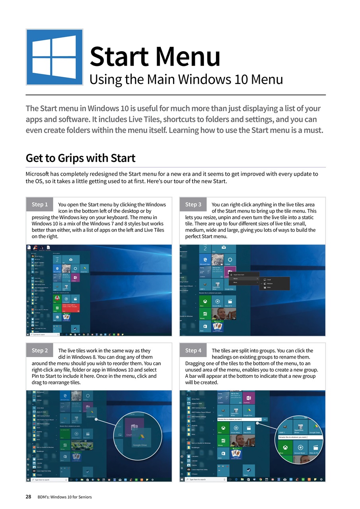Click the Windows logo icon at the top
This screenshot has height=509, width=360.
click(54, 57)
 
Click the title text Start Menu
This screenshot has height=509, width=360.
click(155, 56)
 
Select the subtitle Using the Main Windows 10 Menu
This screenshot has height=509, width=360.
click(186, 80)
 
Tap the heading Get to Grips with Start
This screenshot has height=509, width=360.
click(80, 158)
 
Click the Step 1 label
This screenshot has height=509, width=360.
click(40, 204)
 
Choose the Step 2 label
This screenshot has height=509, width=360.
click(40, 350)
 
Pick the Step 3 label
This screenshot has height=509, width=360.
click(193, 204)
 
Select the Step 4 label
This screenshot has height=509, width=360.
click(193, 350)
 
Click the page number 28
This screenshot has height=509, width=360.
click(29, 497)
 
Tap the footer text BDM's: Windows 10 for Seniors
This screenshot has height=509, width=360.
click(64, 497)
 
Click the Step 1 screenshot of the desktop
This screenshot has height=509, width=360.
click(99, 290)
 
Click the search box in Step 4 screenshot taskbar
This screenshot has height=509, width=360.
click(205, 480)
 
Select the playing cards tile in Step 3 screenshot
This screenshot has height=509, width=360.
click(218, 326)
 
